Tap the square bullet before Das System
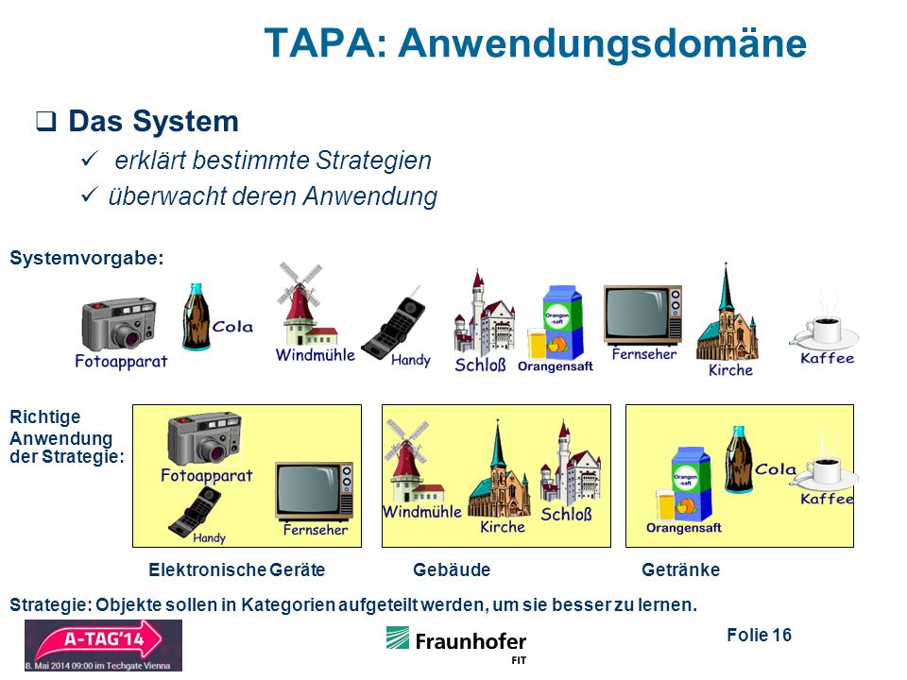pos(46,121)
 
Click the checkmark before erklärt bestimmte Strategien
pos(90,159)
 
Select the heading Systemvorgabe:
pos(87,258)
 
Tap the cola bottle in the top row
pos(197,317)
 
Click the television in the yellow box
pos(314,491)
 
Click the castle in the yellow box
pos(569,465)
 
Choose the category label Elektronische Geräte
pos(236,570)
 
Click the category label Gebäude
pos(452,570)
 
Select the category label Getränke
pos(681,570)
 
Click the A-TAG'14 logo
pos(103,645)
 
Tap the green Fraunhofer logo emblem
pos(398,637)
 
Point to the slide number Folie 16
pos(759,635)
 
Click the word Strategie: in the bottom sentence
pos(51,605)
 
